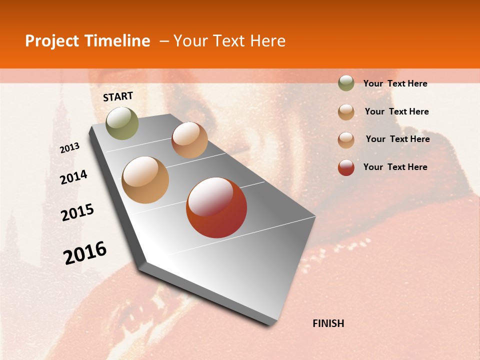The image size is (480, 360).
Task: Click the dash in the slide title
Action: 164,41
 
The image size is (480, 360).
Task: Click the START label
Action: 118,96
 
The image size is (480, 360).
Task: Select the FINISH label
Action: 328,323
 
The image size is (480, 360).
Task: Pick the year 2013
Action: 69,148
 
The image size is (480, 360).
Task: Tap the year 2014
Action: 73,177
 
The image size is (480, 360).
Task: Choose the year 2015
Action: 77,212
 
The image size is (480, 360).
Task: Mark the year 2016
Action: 85,253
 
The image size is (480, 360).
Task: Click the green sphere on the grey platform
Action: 122,123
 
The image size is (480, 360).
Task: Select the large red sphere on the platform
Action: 216,207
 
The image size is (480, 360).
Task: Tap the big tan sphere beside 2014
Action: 145,180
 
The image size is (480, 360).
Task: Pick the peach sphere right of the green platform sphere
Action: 189,140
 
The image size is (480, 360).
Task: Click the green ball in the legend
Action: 346,83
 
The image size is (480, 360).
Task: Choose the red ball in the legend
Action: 346,167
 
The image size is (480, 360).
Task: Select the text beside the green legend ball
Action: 395,84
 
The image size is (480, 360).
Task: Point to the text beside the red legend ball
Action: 395,167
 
